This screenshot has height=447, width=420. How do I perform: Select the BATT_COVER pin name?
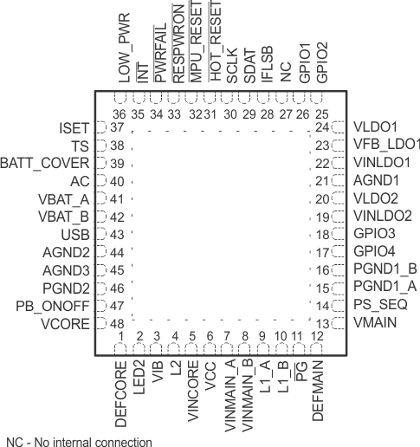tap(44, 163)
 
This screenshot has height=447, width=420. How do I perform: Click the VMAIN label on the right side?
tap(374, 323)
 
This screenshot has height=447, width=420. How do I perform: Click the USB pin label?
tap(75, 235)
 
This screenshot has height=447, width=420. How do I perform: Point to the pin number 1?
tap(122, 335)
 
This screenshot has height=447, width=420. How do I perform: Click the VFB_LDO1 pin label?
tap(386, 145)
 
